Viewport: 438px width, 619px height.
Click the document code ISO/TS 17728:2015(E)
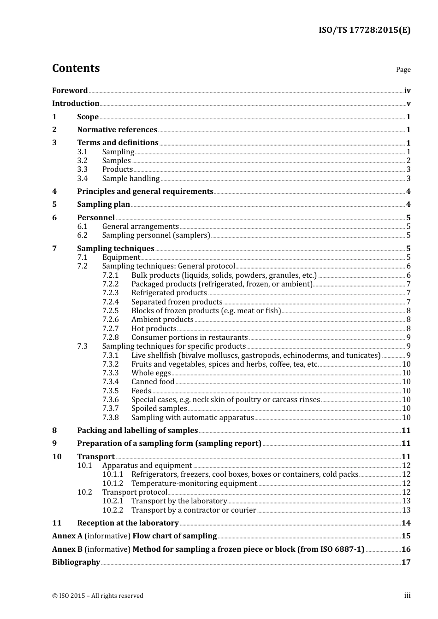(364, 30)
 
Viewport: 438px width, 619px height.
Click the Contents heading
(76, 68)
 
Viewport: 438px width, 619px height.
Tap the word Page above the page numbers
(403, 70)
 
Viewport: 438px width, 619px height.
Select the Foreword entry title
(70, 91)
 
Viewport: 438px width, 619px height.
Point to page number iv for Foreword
(407, 91)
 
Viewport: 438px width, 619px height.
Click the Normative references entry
(117, 130)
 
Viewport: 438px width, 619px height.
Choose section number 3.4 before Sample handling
(82, 179)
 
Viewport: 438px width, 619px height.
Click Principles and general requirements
(145, 192)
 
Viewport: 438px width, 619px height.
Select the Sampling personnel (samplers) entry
(156, 235)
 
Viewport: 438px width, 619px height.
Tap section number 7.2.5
(110, 311)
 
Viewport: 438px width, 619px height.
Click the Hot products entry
(154, 329)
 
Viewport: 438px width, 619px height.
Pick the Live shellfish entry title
(256, 356)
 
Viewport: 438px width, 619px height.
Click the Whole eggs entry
(151, 373)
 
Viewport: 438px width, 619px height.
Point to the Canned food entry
(153, 382)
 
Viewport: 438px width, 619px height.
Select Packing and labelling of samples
(137, 431)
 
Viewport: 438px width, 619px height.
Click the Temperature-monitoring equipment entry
(194, 484)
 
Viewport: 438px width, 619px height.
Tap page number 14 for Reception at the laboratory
(406, 523)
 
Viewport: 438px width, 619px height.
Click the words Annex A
(67, 536)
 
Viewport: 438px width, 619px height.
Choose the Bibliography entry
(76, 562)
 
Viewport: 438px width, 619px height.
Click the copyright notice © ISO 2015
(98, 596)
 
